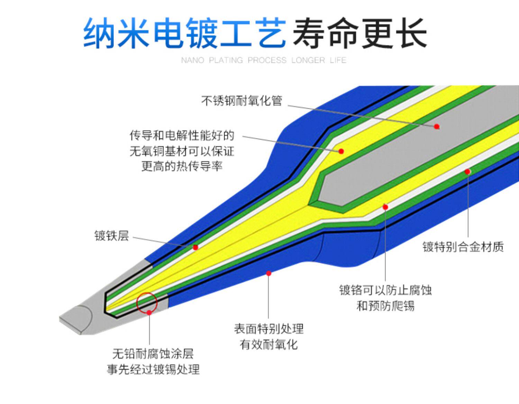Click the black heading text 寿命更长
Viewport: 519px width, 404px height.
click(360, 33)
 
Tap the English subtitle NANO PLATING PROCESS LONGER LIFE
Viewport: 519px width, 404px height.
click(264, 60)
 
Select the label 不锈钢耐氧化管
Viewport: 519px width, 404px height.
click(242, 101)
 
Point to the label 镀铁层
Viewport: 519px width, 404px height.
click(111, 236)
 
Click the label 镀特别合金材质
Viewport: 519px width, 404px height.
click(463, 247)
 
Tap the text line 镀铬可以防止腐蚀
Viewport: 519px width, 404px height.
click(385, 290)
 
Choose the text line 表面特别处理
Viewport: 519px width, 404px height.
click(268, 329)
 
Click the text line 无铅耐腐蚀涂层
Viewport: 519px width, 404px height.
click(153, 353)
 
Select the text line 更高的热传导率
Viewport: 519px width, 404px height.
click(182, 166)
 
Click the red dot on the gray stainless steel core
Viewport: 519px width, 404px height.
click(437, 127)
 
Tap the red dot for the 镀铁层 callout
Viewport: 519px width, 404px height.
click(195, 247)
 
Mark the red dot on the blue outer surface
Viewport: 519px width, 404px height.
click(268, 273)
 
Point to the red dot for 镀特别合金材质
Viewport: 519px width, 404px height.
click(467, 172)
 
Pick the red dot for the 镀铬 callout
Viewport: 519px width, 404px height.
click(385, 207)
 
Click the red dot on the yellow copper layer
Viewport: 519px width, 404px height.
click(341, 151)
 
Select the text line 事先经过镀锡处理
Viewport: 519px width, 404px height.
click(153, 369)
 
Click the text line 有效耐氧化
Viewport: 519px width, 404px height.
click(268, 345)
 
